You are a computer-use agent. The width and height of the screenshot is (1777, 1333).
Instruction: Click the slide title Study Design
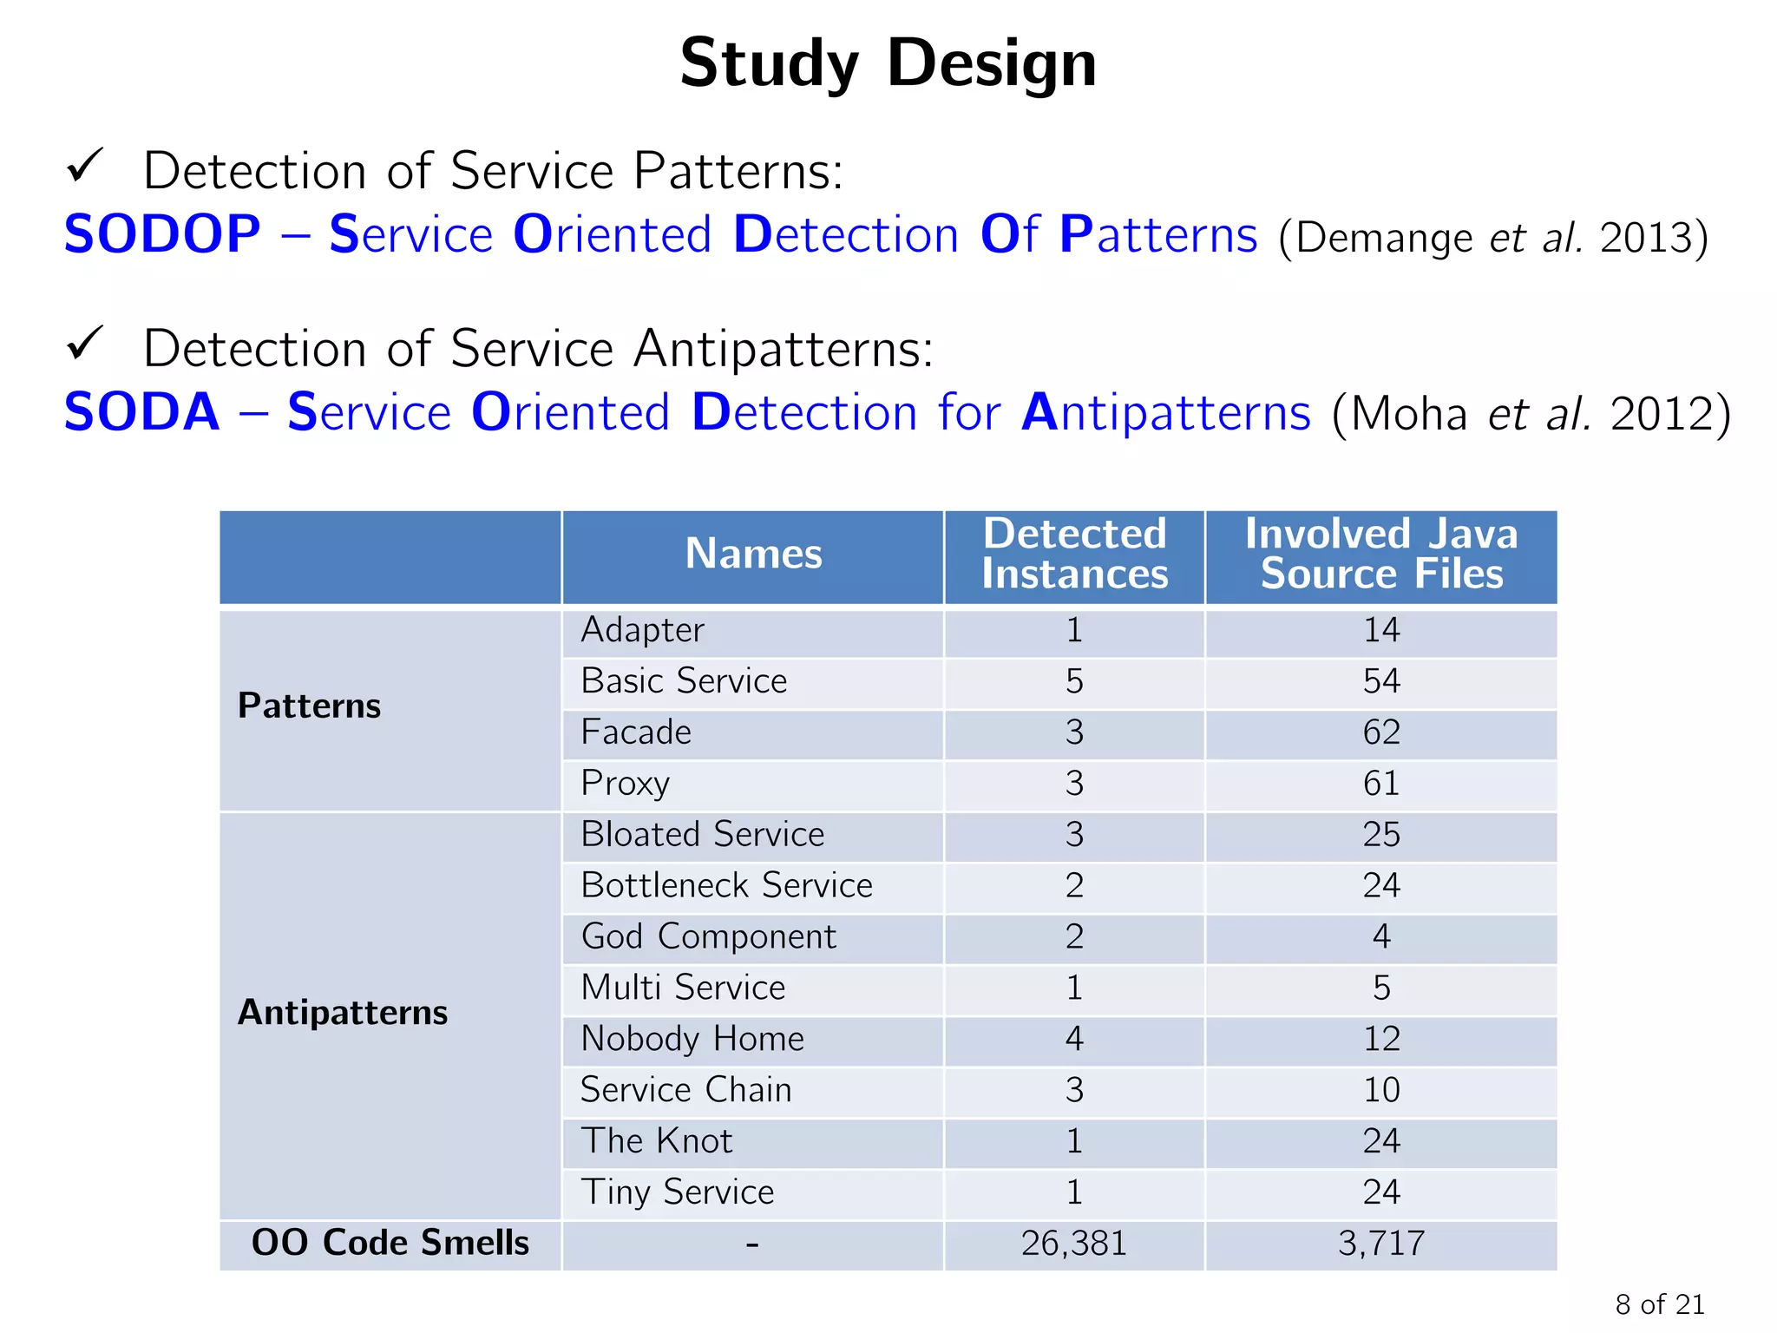888,64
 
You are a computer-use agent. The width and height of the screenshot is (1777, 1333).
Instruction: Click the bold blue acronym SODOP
162,234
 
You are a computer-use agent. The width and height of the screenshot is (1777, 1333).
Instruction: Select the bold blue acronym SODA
142,412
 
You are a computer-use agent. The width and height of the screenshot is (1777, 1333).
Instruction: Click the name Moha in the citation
1408,414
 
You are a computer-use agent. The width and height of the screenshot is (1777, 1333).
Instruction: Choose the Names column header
753,554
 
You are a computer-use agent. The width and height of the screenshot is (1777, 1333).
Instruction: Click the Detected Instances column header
1074,554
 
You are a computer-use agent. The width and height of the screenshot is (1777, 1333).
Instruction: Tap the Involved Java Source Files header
1381,554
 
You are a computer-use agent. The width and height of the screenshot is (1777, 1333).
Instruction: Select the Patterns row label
310,706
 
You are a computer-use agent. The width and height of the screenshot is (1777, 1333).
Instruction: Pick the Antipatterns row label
343,1013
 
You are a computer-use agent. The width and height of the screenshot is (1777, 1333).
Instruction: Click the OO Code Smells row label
390,1243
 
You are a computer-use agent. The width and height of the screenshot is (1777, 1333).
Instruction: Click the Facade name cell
636,732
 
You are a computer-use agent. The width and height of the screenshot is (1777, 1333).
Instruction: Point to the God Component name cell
708,937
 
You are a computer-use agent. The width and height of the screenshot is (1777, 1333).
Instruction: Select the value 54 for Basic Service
1381,681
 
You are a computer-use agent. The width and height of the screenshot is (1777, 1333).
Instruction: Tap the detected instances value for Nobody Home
1074,1039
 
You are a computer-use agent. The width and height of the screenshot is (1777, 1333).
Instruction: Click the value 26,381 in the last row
1074,1244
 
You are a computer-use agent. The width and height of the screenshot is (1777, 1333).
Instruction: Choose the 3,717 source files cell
1381,1244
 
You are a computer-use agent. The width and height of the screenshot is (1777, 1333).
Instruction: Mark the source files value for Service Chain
1381,1090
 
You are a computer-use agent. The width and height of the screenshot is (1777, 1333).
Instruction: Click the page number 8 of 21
1659,1304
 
